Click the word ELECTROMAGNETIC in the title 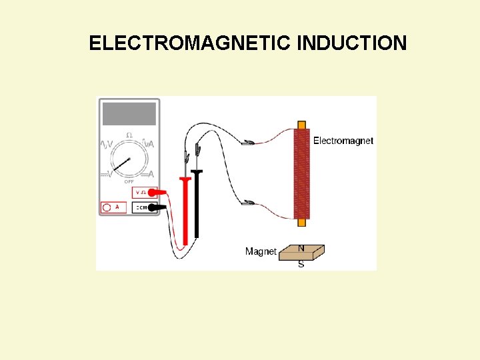pos(191,43)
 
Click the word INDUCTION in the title pos(352,43)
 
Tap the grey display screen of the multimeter pos(130,114)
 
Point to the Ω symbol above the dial pos(129,135)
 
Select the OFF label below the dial pos(129,181)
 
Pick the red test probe pos(185,207)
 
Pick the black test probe pos(197,203)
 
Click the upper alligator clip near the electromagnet pos(248,142)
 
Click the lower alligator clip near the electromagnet pos(248,203)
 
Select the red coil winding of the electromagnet pos(301,173)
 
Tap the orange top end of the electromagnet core pos(301,125)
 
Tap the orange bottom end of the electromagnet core pos(301,222)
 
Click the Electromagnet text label pos(343,141)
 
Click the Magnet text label pos(261,251)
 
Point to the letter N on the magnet pos(301,249)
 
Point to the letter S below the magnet pos(301,264)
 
